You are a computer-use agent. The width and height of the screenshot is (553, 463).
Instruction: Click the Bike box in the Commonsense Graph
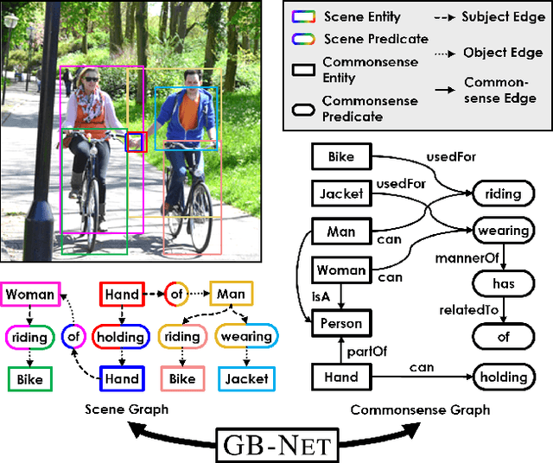(340, 157)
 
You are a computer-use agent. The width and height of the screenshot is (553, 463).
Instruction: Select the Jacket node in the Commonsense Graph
(340, 194)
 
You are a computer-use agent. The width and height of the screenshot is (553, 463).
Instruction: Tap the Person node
(340, 324)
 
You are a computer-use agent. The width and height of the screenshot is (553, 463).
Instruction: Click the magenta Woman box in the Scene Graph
(30, 294)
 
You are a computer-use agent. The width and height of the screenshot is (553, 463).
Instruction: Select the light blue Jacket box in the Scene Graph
(246, 377)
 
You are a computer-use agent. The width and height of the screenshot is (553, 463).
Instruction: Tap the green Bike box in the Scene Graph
(29, 377)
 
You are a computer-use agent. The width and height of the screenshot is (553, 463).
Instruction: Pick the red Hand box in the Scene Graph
(122, 294)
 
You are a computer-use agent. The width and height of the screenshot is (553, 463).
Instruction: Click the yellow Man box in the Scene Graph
(232, 294)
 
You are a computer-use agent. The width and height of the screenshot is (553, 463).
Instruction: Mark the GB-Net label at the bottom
(276, 446)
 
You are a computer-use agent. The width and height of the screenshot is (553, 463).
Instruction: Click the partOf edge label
(365, 351)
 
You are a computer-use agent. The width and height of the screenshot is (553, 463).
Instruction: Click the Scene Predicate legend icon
(306, 39)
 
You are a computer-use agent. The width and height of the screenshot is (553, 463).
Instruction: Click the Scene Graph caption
(129, 409)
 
